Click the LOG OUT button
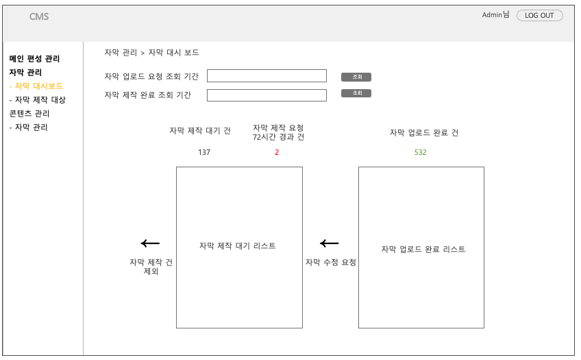tap(539, 16)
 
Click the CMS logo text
tap(39, 17)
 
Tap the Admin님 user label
tap(495, 14)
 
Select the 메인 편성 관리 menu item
tap(34, 59)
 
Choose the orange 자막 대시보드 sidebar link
tap(36, 86)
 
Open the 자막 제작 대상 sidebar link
tap(38, 100)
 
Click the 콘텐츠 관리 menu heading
tap(29, 114)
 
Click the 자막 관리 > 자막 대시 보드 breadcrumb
tap(151, 53)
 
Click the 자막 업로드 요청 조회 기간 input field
tap(267, 76)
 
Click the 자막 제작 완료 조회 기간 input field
tap(267, 95)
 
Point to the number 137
tap(204, 152)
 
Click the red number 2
tap(277, 152)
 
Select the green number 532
tap(420, 152)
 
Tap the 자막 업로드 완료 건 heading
tap(424, 133)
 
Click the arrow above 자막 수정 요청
tap(330, 243)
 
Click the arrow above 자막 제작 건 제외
tap(150, 243)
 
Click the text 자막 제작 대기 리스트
tap(238, 246)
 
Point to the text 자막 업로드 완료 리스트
tap(423, 250)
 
